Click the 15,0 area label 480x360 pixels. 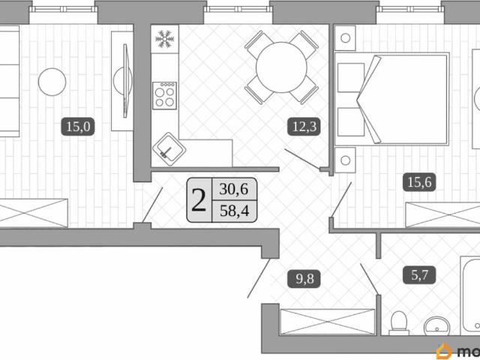78,127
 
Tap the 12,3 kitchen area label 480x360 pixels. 304,127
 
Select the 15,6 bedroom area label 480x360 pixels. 419,182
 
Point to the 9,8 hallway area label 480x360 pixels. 304,279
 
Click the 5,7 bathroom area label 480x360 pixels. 419,275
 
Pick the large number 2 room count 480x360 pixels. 199,200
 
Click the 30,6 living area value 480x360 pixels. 234,189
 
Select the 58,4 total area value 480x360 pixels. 235,211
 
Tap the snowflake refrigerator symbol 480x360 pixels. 165,39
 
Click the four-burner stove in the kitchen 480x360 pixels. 165,96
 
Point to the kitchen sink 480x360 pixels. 169,149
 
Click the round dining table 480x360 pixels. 281,67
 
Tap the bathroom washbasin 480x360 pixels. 436,326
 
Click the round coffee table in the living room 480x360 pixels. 52,82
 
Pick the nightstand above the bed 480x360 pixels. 345,38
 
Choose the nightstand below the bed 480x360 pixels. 345,160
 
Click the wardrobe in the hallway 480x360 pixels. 327,322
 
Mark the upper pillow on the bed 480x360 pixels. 351,77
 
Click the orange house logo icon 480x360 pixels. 444,351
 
